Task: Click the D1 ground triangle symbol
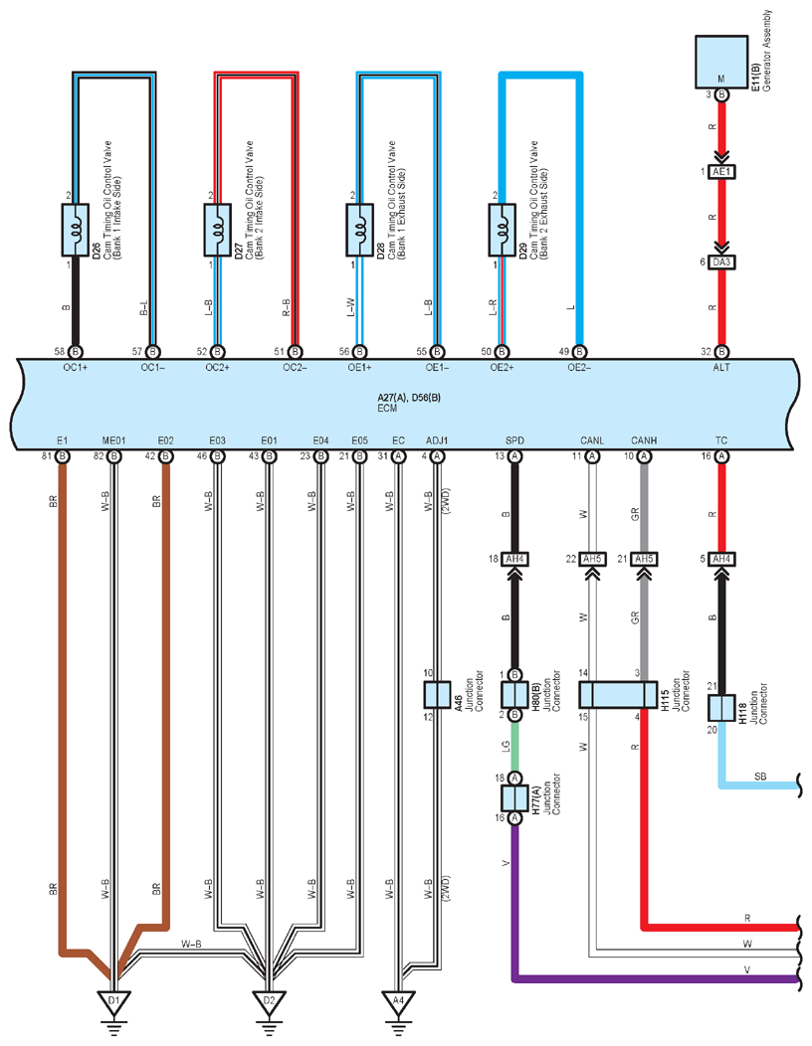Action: coord(114,1001)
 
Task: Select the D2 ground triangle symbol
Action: coord(269,1001)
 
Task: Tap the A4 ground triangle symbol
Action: coord(398,1001)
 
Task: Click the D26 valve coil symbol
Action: coord(76,230)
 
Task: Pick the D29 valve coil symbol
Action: coord(503,230)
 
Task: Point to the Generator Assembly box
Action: coord(721,62)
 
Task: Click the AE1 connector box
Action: coord(721,172)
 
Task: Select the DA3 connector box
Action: coord(721,262)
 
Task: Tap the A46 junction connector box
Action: coord(437,694)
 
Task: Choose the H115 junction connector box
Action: coord(618,694)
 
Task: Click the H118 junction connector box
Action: coord(721,708)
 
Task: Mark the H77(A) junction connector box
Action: coord(514,797)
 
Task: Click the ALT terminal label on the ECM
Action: coord(721,368)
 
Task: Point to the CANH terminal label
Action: coord(644,440)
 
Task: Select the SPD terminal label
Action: coord(514,440)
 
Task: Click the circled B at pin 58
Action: coord(76,352)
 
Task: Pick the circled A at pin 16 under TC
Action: coord(721,456)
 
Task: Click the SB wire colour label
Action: coord(760,777)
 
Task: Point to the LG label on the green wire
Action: coord(507,747)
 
